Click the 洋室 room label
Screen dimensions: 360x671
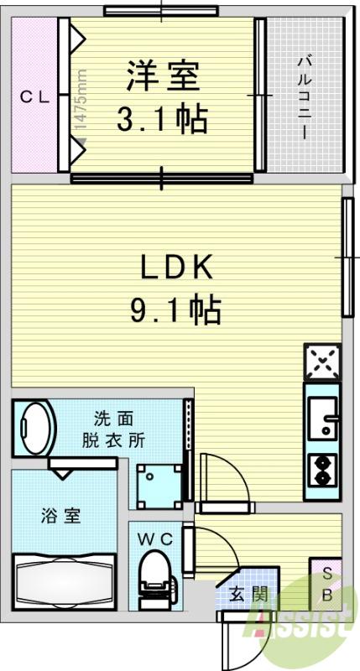click(164, 77)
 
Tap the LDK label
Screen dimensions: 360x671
click(176, 268)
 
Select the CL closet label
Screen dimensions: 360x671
click(35, 98)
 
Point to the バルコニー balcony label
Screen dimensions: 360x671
click(305, 97)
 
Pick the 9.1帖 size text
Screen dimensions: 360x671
click(175, 309)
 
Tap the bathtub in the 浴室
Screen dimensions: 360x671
click(64, 581)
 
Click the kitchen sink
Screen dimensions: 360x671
click(322, 418)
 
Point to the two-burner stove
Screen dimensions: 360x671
click(322, 471)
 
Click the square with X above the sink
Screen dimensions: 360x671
click(323, 362)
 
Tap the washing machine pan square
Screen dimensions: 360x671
click(159, 486)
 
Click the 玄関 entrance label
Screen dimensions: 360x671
click(249, 594)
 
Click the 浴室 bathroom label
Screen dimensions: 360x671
click(61, 516)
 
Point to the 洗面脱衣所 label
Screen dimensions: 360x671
click(113, 429)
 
